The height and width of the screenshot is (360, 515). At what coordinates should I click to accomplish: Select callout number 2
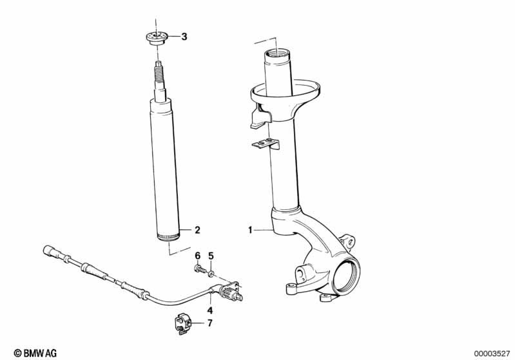[198, 229]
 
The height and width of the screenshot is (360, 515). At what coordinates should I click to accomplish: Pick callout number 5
[210, 256]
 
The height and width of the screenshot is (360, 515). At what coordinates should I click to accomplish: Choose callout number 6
[198, 256]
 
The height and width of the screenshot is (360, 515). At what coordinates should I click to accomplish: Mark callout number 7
[209, 322]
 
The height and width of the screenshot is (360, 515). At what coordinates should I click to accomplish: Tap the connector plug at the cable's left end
[49, 250]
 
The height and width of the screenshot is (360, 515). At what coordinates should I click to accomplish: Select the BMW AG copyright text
[30, 352]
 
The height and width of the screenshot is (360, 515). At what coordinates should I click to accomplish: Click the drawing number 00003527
[492, 352]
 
